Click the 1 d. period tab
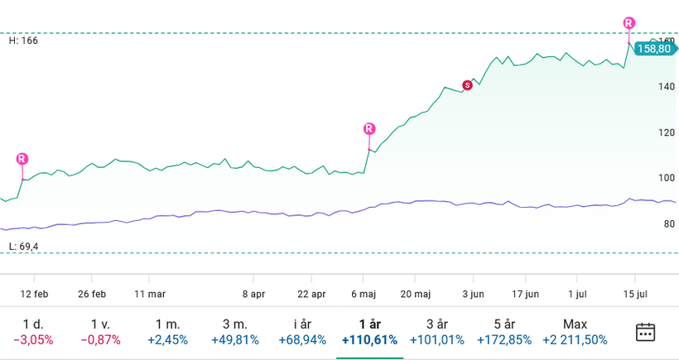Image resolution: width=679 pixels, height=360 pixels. point(33,332)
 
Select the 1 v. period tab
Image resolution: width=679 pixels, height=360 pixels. point(100,332)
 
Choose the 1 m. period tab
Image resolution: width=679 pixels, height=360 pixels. point(167,332)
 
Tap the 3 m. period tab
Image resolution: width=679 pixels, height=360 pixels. point(234,332)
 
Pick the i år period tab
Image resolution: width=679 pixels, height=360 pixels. point(302,332)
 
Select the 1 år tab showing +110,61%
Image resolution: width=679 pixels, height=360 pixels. point(369,332)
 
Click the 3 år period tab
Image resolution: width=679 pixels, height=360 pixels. point(436,332)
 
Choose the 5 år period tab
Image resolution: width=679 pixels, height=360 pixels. point(504,332)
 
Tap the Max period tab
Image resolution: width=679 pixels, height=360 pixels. point(575,332)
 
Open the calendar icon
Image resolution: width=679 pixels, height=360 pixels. point(645,332)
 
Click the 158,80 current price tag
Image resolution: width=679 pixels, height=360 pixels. point(654,49)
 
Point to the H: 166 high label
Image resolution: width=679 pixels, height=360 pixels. point(24,40)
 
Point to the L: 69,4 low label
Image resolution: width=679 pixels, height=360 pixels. point(25,247)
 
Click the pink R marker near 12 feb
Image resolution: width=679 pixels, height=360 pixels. point(22,159)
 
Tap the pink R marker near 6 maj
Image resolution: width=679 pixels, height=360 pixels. point(369,128)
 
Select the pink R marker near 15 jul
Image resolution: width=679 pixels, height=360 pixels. point(629,23)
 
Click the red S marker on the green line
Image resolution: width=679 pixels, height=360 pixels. point(467,84)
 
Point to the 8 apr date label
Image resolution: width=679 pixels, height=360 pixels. point(253,293)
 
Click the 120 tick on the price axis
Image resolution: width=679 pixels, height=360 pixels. point(667,132)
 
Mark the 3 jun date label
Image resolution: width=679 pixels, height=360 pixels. point(472,293)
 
